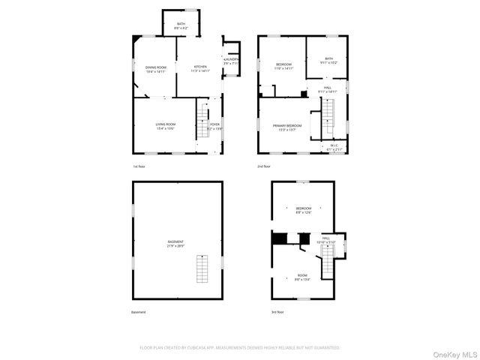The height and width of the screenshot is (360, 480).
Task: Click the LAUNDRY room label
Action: [x=230, y=61]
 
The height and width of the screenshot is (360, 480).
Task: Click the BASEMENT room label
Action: [x=177, y=243]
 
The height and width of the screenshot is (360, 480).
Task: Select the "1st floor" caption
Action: [x=139, y=166]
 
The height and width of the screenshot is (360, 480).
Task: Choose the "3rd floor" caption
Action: [x=278, y=312]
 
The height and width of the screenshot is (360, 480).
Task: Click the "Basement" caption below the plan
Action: [x=139, y=312]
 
